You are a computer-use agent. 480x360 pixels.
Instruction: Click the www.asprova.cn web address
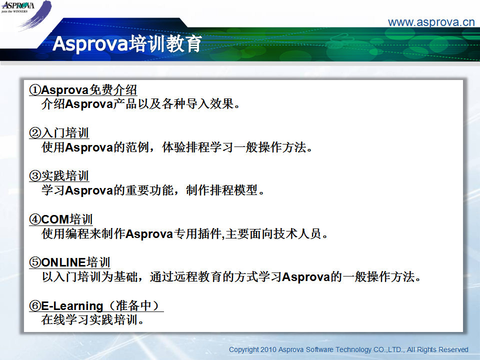pos(431,22)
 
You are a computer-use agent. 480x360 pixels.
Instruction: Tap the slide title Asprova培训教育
pos(127,43)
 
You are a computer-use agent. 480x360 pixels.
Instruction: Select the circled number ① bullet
pos(35,90)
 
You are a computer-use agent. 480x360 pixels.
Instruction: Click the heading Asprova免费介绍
pos(89,90)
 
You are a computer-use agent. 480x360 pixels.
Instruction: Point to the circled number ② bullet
pos(35,133)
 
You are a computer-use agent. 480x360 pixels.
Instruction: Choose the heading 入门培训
pos(65,133)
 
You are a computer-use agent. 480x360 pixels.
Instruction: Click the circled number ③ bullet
pos(35,176)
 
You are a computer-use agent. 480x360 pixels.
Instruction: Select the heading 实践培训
pos(65,176)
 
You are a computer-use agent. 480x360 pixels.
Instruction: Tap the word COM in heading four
pos(55,219)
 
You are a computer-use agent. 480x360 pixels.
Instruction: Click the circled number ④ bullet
pos(35,219)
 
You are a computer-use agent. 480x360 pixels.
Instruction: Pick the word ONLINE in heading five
pos(63,262)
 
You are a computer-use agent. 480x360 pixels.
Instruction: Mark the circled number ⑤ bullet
pos(35,262)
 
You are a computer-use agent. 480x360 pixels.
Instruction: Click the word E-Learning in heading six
pos(72,306)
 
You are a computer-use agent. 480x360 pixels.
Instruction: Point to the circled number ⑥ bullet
pos(35,306)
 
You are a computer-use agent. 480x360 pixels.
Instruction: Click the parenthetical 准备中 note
pos(134,305)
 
